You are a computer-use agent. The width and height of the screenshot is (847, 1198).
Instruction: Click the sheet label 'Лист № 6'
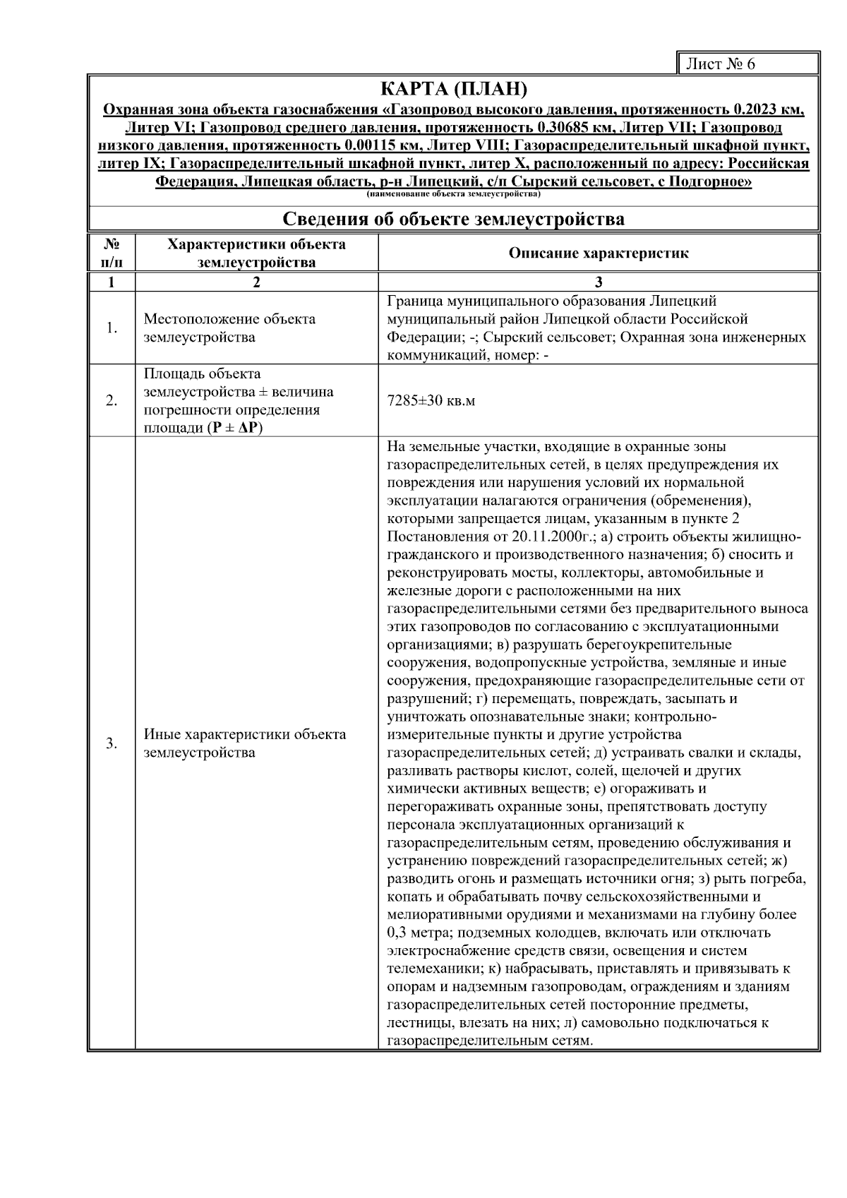[720, 64]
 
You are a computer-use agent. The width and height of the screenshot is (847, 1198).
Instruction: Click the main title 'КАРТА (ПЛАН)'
[454, 90]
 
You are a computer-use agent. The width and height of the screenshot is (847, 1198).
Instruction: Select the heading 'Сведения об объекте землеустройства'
[454, 219]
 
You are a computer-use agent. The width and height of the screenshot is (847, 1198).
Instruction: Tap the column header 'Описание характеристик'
[599, 253]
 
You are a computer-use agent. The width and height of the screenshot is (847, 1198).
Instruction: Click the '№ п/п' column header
[112, 253]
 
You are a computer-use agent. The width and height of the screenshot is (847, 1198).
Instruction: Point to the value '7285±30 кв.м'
[431, 401]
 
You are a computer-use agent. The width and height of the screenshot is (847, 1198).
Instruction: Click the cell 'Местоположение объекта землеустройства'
[229, 328]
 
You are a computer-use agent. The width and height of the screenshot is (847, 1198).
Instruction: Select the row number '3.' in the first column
[112, 743]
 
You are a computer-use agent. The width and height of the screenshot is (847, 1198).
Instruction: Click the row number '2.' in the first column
[112, 401]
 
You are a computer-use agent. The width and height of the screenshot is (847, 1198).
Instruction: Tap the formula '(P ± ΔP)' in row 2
[234, 429]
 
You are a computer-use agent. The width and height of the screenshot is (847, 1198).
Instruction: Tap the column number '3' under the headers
[599, 282]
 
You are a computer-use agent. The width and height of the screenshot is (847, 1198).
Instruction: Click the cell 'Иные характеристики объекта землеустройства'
[245, 743]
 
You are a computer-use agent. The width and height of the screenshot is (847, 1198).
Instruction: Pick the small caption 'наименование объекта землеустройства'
[454, 193]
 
